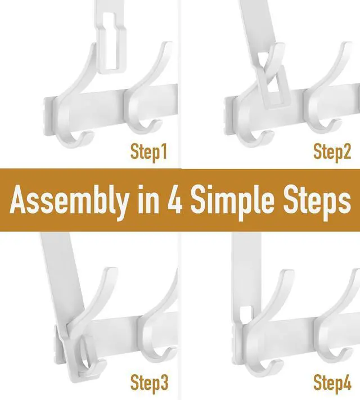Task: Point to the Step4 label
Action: coord(331,383)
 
